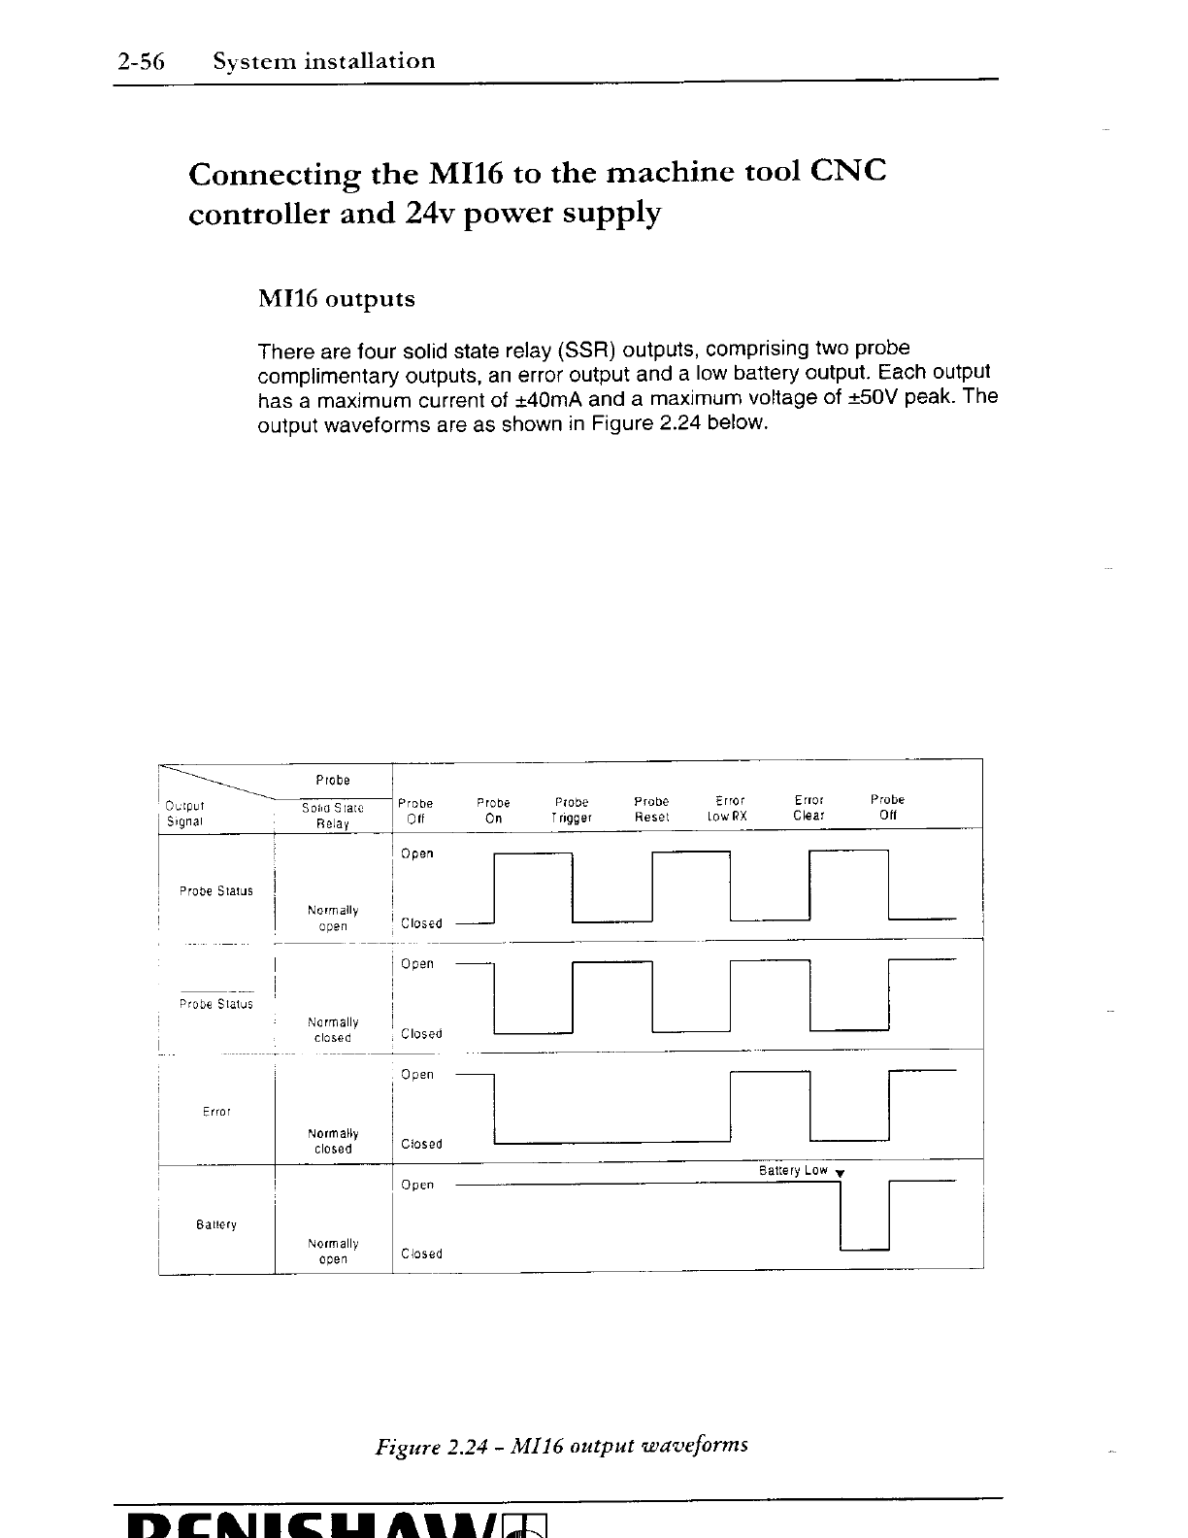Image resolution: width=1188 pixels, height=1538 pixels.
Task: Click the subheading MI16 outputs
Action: coord(336,299)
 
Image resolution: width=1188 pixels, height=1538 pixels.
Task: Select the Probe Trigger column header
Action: coord(572,810)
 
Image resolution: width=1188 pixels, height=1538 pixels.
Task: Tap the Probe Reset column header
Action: coord(651,809)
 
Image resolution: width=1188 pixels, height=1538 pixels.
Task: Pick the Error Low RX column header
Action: coord(728,808)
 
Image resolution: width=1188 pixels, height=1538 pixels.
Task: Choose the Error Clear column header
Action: coord(808,808)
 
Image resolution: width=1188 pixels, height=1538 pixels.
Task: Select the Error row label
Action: coord(216,1112)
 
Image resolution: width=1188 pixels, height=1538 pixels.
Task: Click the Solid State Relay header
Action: coord(332,816)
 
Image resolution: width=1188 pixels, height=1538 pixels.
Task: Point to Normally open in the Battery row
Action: coord(333,1252)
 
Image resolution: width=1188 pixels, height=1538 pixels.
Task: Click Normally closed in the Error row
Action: coord(333,1141)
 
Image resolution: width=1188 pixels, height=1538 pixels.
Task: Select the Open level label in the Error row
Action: coord(417,1075)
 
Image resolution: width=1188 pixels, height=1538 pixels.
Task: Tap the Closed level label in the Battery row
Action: coord(421,1254)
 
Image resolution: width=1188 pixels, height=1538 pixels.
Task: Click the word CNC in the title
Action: coord(847,173)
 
